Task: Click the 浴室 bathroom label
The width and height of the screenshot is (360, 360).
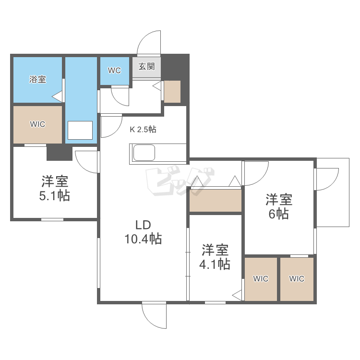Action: (37, 80)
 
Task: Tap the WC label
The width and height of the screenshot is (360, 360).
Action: (114, 71)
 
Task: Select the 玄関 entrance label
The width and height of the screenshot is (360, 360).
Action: (146, 67)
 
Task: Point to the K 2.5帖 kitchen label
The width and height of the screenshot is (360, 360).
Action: (143, 129)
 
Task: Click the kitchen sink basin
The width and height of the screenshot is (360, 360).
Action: (144, 154)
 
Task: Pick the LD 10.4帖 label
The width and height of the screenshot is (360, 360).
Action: (143, 231)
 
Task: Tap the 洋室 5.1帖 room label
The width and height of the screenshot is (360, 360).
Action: (55, 189)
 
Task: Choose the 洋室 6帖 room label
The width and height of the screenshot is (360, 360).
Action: (279, 206)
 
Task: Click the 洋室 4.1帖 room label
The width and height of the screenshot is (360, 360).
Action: (215, 257)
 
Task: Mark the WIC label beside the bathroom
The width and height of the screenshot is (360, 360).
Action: (37, 124)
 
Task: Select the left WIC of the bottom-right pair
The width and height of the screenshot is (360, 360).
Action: (261, 279)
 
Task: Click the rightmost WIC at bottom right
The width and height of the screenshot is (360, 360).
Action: (297, 279)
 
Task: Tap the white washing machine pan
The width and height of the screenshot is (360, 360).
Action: (80, 130)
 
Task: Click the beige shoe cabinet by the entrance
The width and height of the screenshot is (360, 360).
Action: (172, 92)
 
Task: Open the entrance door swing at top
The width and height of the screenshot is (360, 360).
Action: (149, 43)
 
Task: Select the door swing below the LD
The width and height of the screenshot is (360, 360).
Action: (154, 316)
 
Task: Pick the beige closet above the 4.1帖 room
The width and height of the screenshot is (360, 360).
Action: (215, 201)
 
